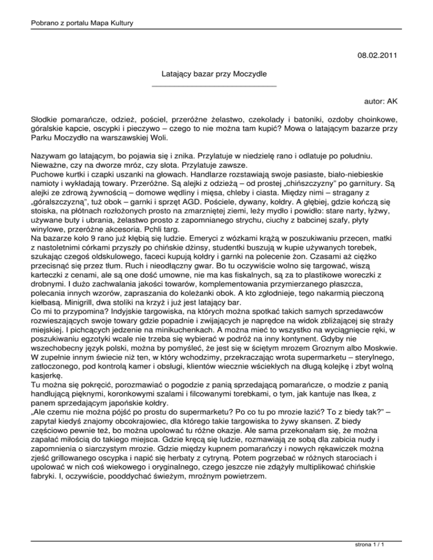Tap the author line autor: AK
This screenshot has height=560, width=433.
[382, 102]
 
